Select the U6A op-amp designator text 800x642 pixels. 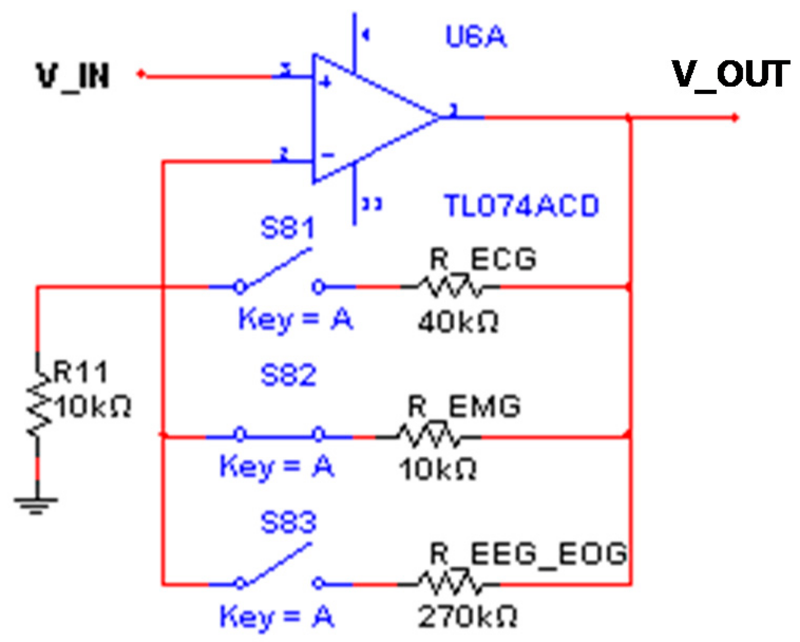pos(475,37)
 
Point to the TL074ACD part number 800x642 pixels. pos(521,206)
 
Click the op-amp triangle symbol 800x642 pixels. pos(369,118)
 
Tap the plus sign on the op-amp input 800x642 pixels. pos(326,82)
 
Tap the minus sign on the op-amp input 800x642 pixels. pos(328,155)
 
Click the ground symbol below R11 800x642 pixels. pos(36,504)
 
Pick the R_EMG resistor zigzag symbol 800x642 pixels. pos(428,436)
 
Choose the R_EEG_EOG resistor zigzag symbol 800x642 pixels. pos(449,583)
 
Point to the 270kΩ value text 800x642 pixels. pos(467,616)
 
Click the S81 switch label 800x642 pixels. pos(288,228)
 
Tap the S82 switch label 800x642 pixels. pos(288,375)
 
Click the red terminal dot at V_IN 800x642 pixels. pos(141,74)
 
